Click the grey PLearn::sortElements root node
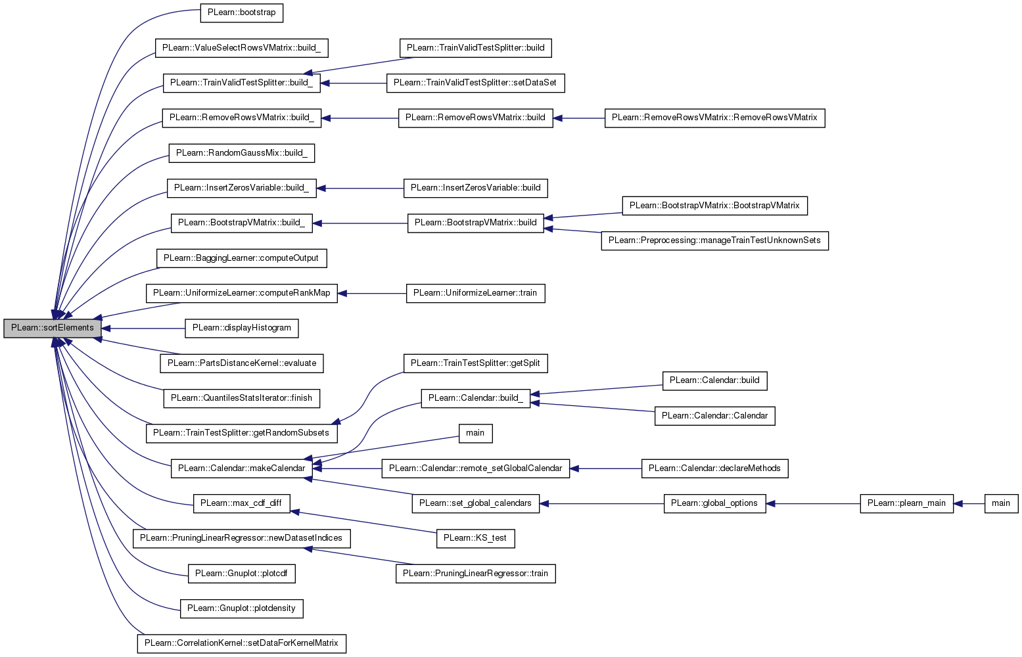tap(52, 328)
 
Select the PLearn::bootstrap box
tap(241, 12)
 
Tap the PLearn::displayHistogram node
tap(241, 328)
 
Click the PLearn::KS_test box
tap(475, 539)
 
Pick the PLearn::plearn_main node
tap(906, 503)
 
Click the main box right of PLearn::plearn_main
tap(1001, 503)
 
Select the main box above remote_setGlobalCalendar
tap(475, 433)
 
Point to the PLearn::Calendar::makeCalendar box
tap(241, 468)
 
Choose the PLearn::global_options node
tap(714, 503)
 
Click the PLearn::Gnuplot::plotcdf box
tap(241, 574)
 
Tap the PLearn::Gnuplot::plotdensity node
tap(241, 608)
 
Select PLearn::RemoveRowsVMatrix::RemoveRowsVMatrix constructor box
tap(714, 118)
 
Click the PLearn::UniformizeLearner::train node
tap(475, 293)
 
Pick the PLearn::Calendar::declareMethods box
tap(714, 468)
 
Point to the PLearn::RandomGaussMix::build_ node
tap(241, 152)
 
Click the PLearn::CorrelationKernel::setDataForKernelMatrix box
tap(241, 644)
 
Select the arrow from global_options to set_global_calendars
tap(601, 504)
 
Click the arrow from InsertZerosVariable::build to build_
tap(360, 189)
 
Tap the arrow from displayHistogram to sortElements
tap(143, 328)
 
